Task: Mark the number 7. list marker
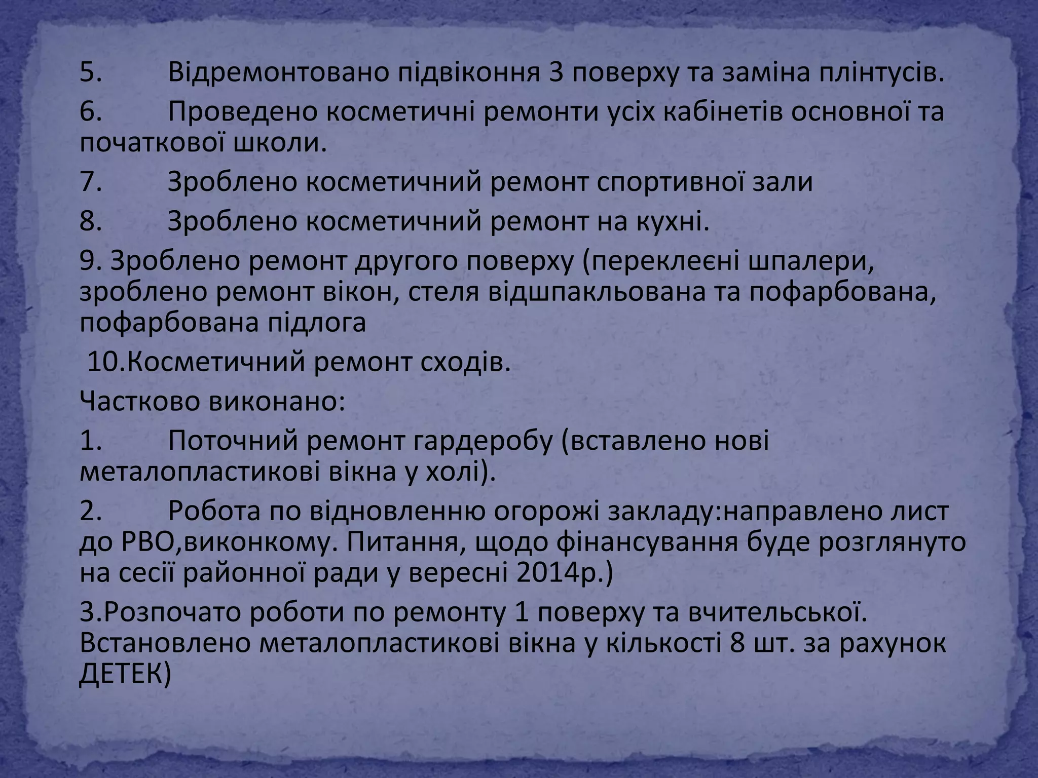point(91,182)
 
